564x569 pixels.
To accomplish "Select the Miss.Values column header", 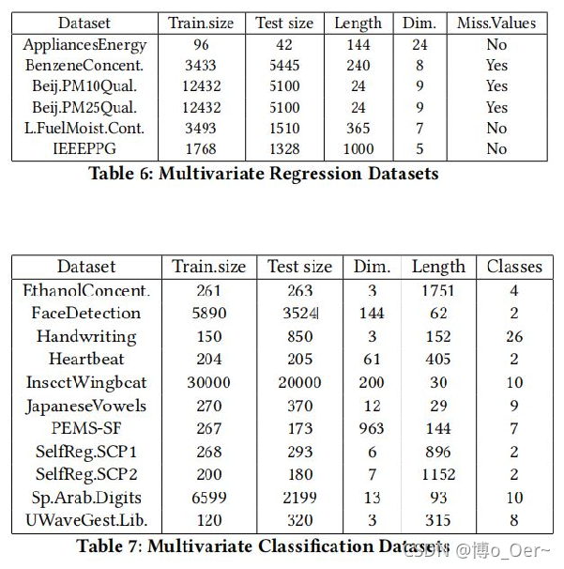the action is tap(496, 23).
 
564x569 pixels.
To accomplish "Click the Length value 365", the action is tap(358, 128).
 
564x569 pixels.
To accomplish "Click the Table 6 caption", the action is tap(263, 174).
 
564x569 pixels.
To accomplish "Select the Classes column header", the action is tap(514, 267).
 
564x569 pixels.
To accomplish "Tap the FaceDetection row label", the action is tap(86, 313).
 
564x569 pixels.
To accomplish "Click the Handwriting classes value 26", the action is tap(514, 336).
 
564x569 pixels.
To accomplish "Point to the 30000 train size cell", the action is tap(210, 382).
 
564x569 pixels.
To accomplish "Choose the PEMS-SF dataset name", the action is tap(86, 428).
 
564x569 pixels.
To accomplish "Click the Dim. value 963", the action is tap(372, 428).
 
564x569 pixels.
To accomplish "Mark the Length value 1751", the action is tap(438, 290).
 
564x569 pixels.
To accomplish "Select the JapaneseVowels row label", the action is tap(86, 405).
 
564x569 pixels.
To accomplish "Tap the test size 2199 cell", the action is tap(299, 497).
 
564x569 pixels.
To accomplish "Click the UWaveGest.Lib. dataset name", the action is tap(86, 520).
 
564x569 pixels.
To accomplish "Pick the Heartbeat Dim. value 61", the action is tap(372, 359).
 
